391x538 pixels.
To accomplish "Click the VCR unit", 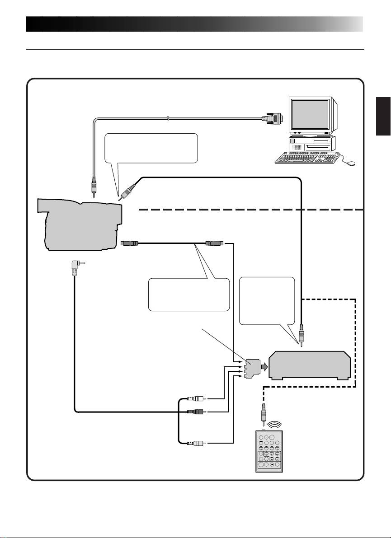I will point(310,365).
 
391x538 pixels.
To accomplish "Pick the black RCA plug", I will point(196,412).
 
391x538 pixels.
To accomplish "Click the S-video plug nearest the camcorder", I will point(130,243).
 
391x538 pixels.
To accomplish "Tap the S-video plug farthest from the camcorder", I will point(212,243).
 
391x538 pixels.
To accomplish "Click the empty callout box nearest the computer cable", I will point(151,148).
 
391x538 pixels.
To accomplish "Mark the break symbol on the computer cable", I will point(168,119).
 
